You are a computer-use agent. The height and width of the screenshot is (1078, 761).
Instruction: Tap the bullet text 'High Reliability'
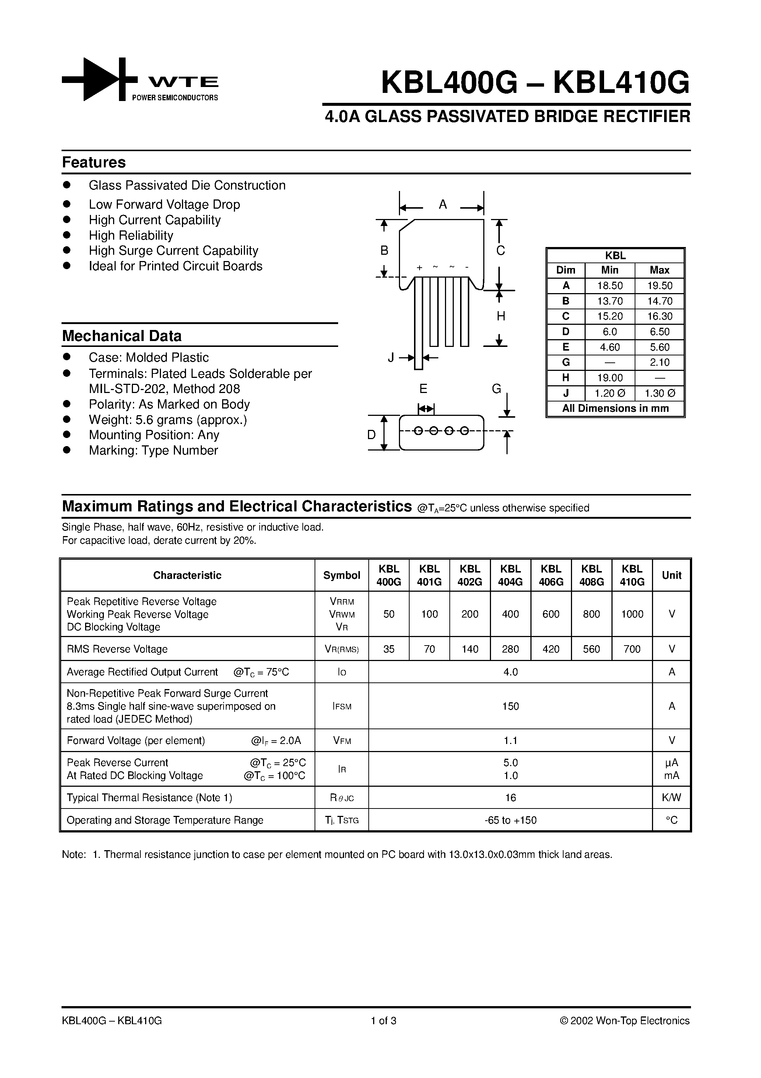131,235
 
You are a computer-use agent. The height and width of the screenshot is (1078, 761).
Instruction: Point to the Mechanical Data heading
122,336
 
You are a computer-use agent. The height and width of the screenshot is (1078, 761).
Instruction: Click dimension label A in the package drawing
442,205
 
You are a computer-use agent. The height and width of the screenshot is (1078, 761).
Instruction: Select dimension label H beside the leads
501,316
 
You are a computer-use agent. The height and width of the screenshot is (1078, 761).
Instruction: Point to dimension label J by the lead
391,358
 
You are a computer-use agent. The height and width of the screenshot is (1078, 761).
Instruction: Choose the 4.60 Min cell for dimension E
610,347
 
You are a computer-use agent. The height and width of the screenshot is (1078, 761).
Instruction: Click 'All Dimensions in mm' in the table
615,408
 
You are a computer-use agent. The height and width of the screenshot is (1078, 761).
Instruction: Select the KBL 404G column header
510,575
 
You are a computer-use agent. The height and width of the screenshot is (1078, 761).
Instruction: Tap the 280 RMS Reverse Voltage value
510,649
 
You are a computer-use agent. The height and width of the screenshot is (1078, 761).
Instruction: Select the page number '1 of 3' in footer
383,1021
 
